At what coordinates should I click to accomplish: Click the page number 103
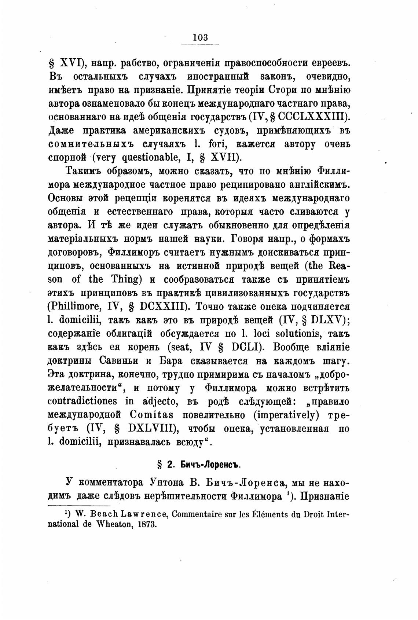(200, 37)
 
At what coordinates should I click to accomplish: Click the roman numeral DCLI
(245, 347)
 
